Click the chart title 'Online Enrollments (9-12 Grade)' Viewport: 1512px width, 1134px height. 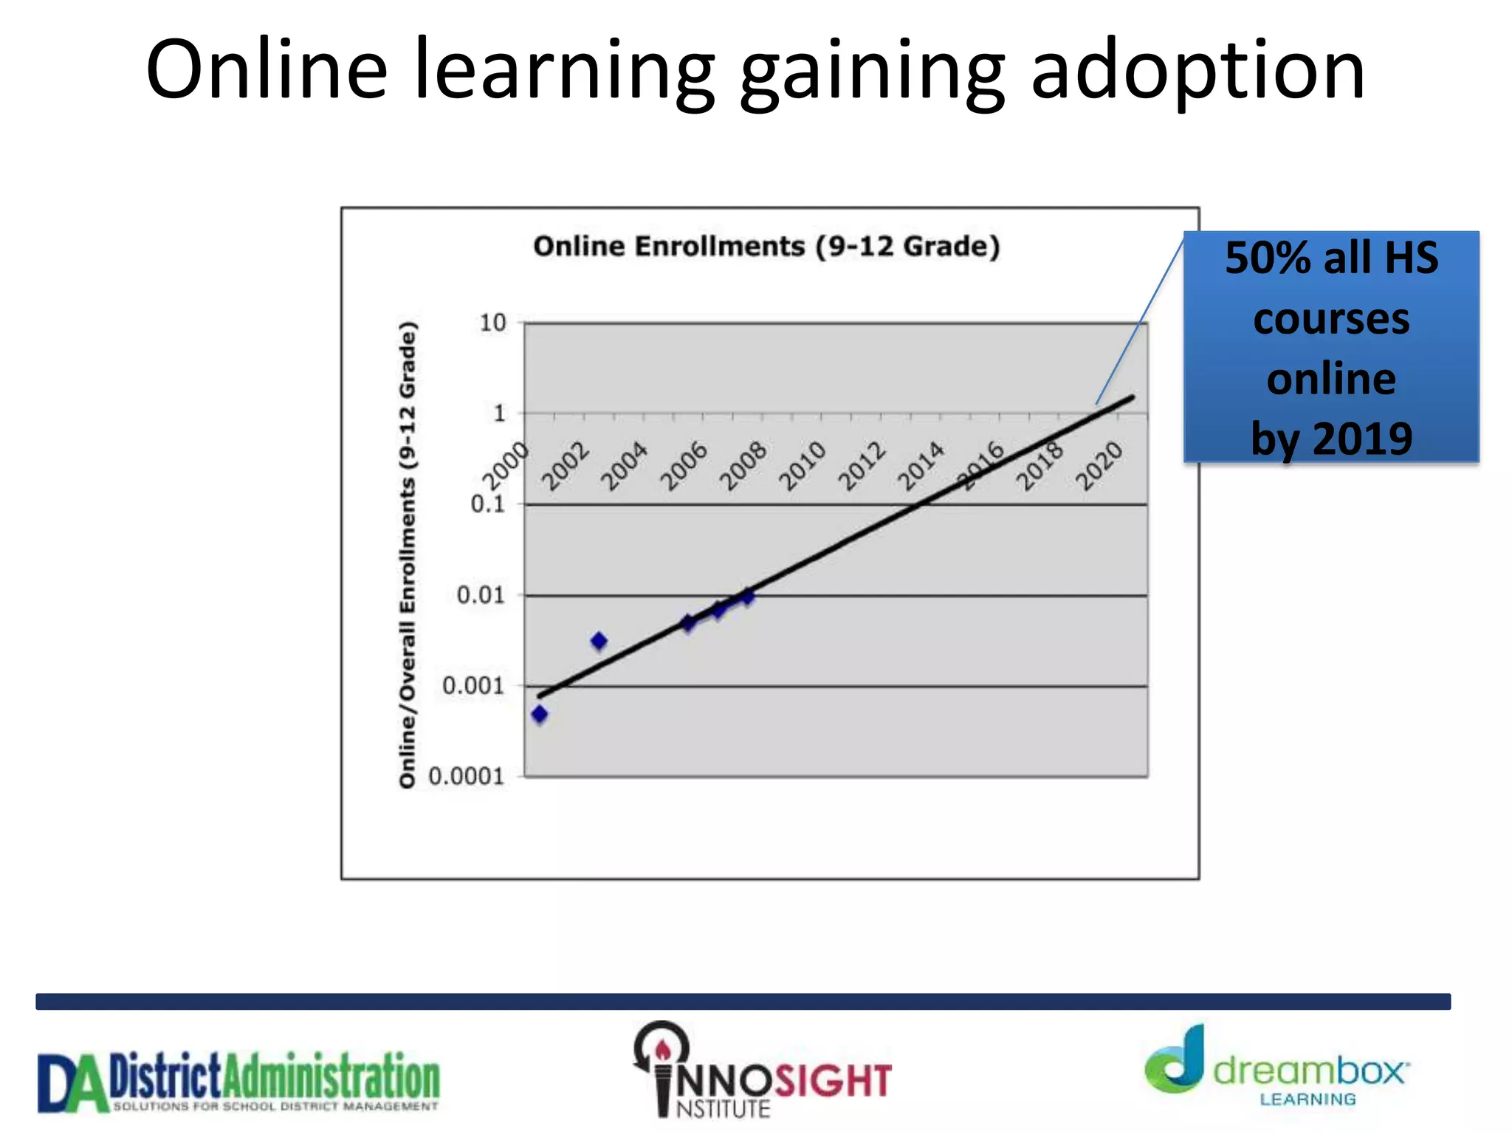click(x=766, y=247)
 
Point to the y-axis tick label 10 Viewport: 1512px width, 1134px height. click(x=492, y=323)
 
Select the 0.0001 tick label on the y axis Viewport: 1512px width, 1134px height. click(x=466, y=776)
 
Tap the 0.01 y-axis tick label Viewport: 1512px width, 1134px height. click(x=481, y=595)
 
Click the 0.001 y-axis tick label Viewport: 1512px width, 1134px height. click(x=473, y=686)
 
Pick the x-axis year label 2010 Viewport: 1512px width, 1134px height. click(x=803, y=466)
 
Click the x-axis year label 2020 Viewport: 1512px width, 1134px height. click(x=1099, y=466)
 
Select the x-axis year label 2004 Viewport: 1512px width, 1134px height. click(x=625, y=466)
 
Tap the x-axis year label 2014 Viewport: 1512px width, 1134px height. click(x=921, y=466)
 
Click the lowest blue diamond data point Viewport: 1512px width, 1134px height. click(x=540, y=714)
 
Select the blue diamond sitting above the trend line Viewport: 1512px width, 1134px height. click(x=599, y=641)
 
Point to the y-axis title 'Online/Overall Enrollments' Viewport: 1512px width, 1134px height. click(x=408, y=554)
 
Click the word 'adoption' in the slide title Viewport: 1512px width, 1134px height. click(x=1197, y=70)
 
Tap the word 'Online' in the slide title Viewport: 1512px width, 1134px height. click(x=267, y=70)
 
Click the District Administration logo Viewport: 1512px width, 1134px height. click(x=238, y=1081)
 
